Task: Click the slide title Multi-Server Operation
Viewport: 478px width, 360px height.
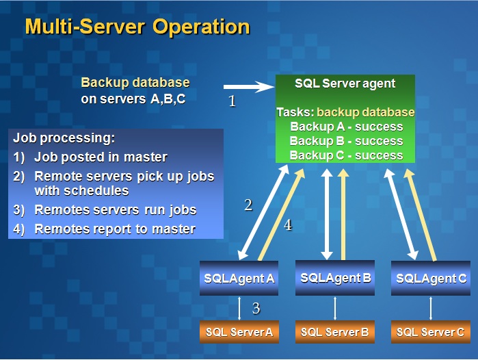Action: coord(137,27)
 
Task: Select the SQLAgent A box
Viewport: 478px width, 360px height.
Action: coord(239,278)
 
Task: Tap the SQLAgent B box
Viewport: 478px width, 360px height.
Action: coord(335,278)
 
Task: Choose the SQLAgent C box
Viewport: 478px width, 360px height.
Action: coord(431,278)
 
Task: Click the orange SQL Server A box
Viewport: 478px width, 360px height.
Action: coord(239,332)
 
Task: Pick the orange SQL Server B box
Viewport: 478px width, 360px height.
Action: coord(335,332)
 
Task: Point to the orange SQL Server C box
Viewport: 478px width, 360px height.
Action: coord(431,332)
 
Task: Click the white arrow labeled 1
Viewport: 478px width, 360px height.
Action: coord(249,87)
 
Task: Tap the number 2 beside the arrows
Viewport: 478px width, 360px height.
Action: coord(248,205)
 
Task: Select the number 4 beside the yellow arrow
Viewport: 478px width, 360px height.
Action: coord(288,225)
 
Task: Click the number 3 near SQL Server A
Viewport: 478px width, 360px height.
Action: coord(256,308)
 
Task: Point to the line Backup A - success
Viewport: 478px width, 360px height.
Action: coord(346,127)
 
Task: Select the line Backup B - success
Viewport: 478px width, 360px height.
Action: coord(346,140)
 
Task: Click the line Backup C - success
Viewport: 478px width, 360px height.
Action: coord(346,155)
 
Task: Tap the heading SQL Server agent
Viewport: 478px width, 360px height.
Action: coord(345,83)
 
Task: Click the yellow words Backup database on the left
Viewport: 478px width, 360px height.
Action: coord(135,83)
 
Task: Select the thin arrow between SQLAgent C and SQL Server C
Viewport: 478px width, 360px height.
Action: coord(431,308)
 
